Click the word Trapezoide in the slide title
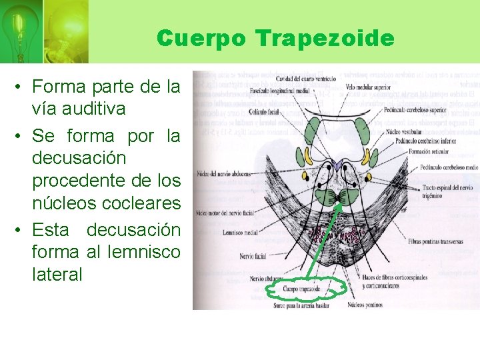click(325, 39)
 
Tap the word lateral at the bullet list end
click(57, 274)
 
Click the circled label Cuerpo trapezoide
click(301, 289)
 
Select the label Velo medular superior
click(368, 87)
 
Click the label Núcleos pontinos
click(366, 306)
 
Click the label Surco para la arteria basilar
click(301, 304)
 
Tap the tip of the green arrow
click(341, 204)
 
